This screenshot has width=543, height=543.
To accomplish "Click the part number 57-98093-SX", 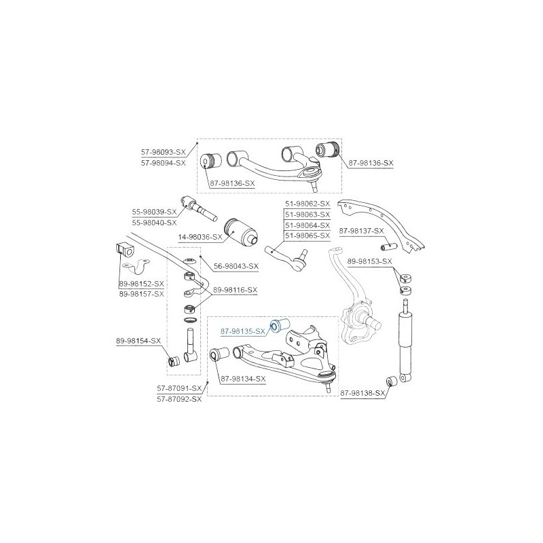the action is pos(163,151).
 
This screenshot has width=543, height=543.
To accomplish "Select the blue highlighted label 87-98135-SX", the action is pos(243,331).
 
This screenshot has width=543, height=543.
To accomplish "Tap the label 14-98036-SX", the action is pos(200,237).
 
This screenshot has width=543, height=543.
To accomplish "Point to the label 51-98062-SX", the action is pos(307,204).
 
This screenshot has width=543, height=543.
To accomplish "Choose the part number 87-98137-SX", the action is pos(362,231).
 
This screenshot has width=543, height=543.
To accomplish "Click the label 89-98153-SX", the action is pos(370,261).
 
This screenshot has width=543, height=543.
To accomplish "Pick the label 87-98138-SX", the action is pos(362,394).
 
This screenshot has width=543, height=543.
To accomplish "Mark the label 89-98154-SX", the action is pos(138,341).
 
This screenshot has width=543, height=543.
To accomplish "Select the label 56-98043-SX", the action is pos(236,266).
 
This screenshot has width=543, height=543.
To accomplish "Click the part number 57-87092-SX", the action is pos(179,399).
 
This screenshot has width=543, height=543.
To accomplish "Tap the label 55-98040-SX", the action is pos(155,223).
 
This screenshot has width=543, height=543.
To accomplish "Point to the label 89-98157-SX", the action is pos(142,294).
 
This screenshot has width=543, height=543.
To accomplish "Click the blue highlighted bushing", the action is pos(280,325).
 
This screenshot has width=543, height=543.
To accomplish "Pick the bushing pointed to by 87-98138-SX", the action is pos(392,381).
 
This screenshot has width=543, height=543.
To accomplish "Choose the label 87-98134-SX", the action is pos(243,379).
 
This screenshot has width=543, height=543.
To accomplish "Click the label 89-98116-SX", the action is pos(235,290).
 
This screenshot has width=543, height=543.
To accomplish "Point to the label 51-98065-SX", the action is pos(307,236).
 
